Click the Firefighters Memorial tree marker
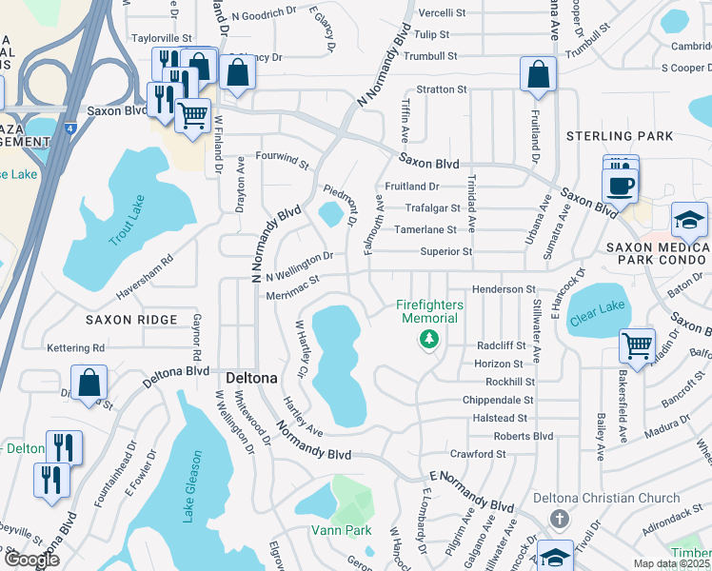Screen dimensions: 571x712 [430, 339]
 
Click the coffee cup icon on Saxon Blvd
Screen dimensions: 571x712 [620, 185]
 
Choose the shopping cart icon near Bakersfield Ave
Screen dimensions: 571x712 [636, 345]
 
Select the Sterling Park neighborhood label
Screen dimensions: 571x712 [620, 136]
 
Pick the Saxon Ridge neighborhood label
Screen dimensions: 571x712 [131, 320]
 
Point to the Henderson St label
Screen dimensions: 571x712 [504, 288]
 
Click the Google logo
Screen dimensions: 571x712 [32, 560]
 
